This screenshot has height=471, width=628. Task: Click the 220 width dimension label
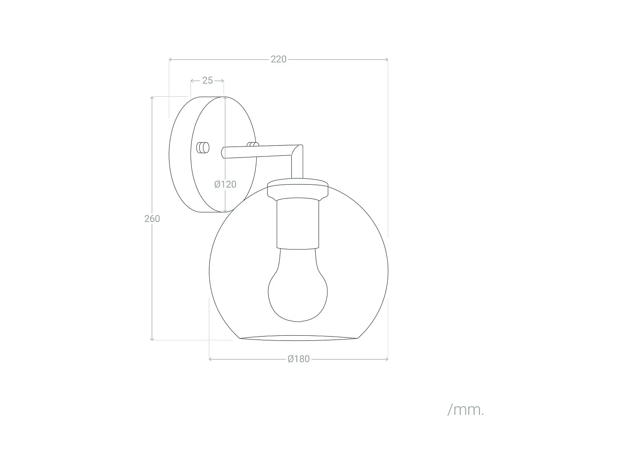pyautogui.click(x=278, y=59)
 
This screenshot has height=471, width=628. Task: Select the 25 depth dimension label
pyautogui.click(x=207, y=80)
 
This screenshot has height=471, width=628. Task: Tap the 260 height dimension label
pyautogui.click(x=152, y=219)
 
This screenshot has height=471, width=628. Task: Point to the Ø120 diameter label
pyautogui.click(x=225, y=184)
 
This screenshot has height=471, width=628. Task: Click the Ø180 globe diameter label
pyautogui.click(x=299, y=359)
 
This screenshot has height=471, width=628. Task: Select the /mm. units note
pyautogui.click(x=465, y=410)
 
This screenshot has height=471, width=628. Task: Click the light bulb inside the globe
pyautogui.click(x=298, y=289)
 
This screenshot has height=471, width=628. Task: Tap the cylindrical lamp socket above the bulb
pyautogui.click(x=298, y=224)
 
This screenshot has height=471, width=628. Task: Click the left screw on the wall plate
pyautogui.click(x=203, y=148)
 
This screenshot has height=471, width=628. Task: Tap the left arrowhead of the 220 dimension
pyautogui.click(x=170, y=59)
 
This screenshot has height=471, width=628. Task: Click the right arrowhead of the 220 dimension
pyautogui.click(x=386, y=59)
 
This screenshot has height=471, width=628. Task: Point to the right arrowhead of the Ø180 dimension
pyautogui.click(x=386, y=359)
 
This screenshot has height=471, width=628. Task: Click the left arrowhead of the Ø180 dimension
pyautogui.click(x=211, y=359)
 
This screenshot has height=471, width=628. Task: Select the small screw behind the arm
pyautogui.click(x=252, y=144)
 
